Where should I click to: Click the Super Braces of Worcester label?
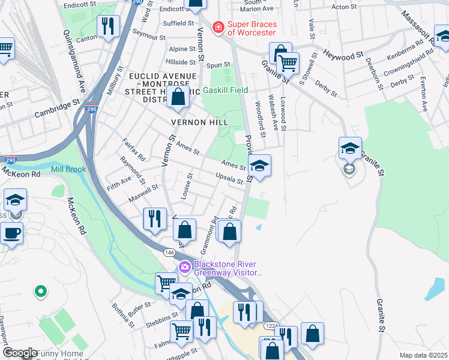tap(252, 27)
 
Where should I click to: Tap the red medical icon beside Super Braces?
tap(218, 27)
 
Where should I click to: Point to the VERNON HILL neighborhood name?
tap(191, 122)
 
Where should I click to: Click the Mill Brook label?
tap(68, 170)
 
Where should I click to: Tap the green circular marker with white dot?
tap(40, 292)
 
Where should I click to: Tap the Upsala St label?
tap(230, 178)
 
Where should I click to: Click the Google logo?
tap(20, 353)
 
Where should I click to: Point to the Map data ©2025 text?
tap(424, 355)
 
